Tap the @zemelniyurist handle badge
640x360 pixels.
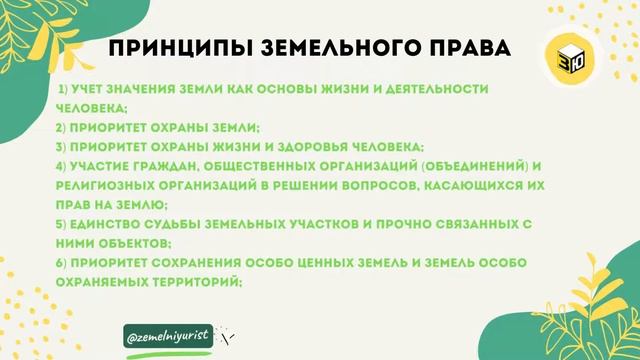[168, 337]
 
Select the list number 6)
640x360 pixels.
[61, 262]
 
